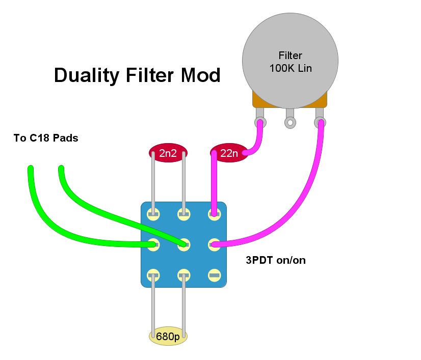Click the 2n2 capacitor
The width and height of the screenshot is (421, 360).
coord(168,153)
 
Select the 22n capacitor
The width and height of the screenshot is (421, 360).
coord(229,153)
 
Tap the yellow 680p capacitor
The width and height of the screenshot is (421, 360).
coord(168,336)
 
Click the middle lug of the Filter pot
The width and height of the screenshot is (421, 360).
coord(290,123)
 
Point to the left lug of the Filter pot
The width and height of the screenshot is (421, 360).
coord(260,122)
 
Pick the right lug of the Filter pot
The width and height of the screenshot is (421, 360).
coord(320,122)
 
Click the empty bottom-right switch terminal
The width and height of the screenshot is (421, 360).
coord(214,275)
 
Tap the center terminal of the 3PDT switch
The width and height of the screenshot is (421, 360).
coord(184,244)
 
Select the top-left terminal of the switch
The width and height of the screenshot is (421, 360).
coord(153,214)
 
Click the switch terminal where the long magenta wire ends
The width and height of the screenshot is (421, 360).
coord(214,244)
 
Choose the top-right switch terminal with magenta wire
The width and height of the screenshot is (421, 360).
coord(214,214)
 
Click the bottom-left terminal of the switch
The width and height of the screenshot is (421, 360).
coord(153,275)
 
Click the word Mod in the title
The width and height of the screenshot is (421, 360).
coord(201,75)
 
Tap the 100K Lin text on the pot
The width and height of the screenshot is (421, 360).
coord(291,68)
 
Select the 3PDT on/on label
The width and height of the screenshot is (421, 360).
coord(276,260)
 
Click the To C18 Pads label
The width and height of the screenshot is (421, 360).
coord(46,138)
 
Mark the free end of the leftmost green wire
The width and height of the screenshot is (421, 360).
coord(31,168)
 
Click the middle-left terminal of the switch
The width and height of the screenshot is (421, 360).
coord(153,244)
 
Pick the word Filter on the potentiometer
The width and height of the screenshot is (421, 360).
coord(290,56)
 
